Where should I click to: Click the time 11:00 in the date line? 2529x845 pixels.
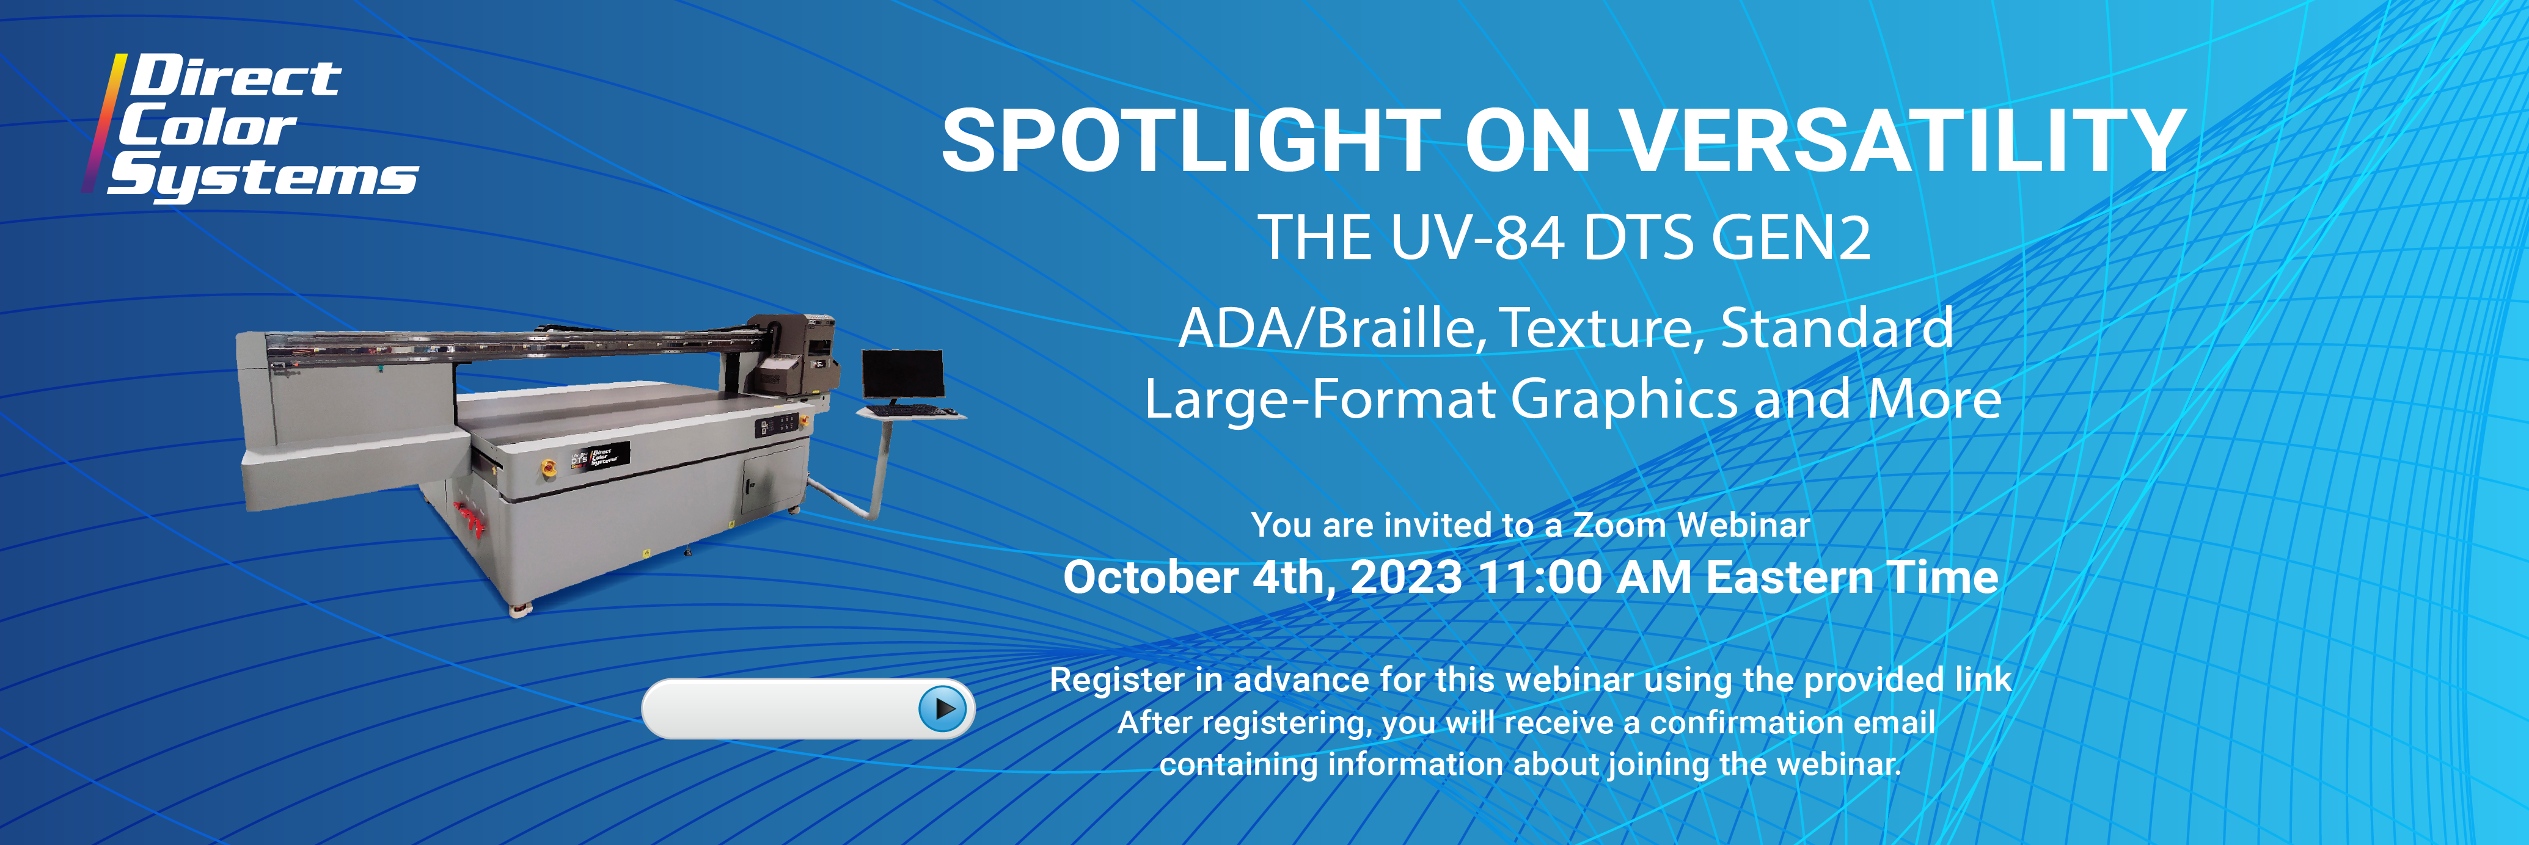[x=1539, y=577]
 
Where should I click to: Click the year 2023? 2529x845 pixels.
[x=1406, y=577]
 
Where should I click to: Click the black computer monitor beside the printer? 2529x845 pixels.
[x=902, y=375]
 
